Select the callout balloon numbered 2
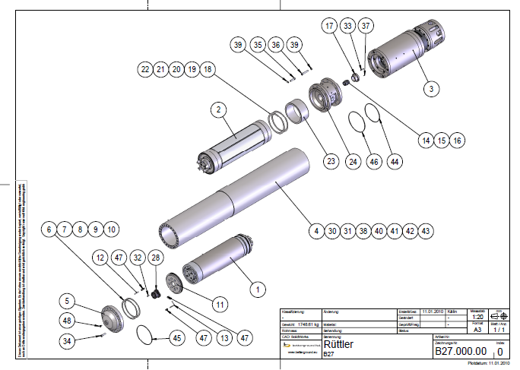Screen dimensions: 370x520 (218, 109)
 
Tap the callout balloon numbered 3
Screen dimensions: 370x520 (430, 89)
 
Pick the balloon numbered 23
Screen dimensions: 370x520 (331, 160)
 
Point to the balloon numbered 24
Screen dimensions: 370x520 (353, 160)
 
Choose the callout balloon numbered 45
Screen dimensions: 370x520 (176, 337)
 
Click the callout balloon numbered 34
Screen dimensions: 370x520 (69, 342)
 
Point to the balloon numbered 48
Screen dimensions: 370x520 (69, 320)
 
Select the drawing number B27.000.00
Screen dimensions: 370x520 (459, 352)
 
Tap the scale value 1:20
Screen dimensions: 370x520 (477, 318)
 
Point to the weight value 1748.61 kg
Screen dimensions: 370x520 (306, 324)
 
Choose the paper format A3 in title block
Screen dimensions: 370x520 (477, 330)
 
